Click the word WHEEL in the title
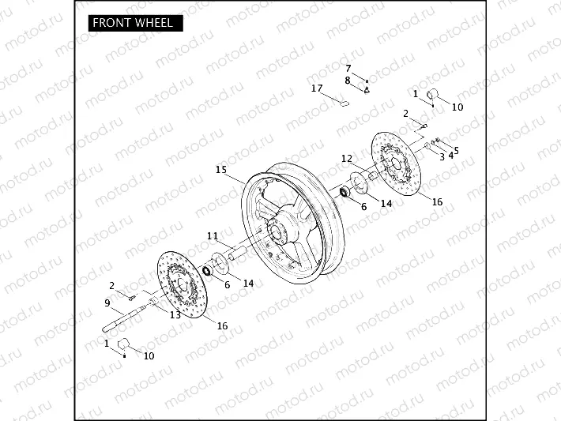pos(152,23)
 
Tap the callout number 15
pos(220,169)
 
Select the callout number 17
pos(317,88)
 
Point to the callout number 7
pos(348,68)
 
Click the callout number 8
pos(347,80)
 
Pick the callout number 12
pos(346,159)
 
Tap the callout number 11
pos(212,235)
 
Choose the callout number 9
pos(107,303)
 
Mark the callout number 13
pos(175,314)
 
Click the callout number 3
pos(442,156)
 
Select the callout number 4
pos(450,154)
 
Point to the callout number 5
pos(456,149)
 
